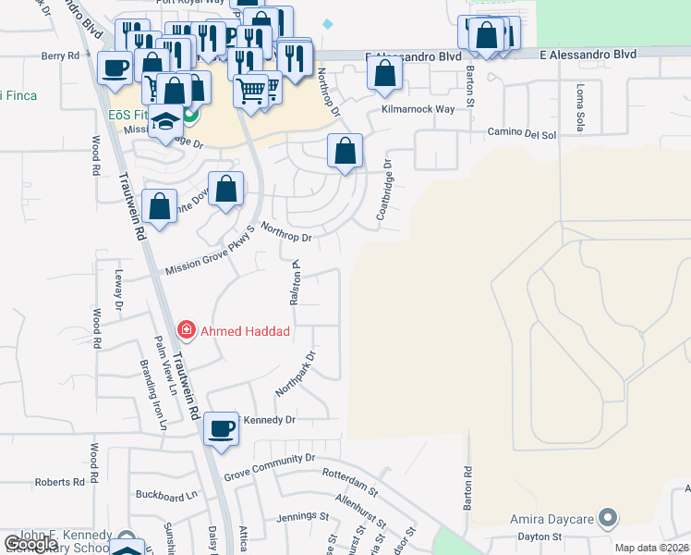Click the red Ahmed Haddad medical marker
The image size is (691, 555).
[187, 330]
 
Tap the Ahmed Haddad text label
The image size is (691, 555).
[246, 331]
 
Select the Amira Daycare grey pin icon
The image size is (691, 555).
[607, 519]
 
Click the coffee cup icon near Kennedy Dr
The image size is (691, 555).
[222, 428]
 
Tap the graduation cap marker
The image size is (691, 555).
[165, 123]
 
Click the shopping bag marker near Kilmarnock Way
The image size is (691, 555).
[384, 72]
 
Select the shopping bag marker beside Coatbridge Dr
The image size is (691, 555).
[345, 150]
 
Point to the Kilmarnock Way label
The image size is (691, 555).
[418, 109]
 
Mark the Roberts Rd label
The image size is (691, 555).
[59, 483]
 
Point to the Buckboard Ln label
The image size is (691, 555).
[166, 495]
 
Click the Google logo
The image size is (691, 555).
[30, 544]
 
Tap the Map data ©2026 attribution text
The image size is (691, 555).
[651, 548]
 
